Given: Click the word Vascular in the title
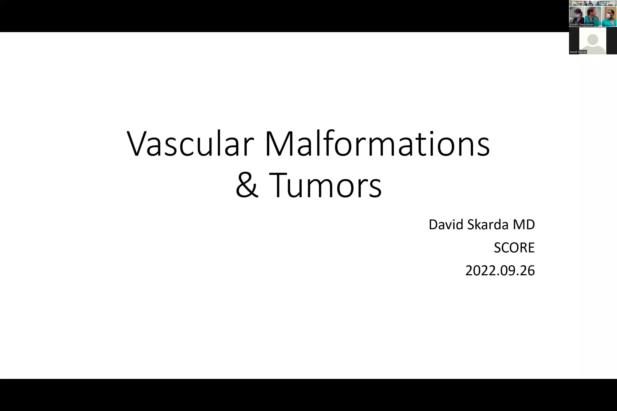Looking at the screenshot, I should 190,144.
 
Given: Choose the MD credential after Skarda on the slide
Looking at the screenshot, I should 524,225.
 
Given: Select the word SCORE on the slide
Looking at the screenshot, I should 514,248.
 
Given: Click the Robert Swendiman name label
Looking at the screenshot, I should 581,25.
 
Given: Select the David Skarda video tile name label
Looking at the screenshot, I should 578,52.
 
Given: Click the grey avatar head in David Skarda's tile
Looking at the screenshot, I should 593,39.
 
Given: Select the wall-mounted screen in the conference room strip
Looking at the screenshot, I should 605,2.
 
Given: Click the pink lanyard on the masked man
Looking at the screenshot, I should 612,22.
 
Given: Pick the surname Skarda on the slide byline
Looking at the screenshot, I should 488,225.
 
